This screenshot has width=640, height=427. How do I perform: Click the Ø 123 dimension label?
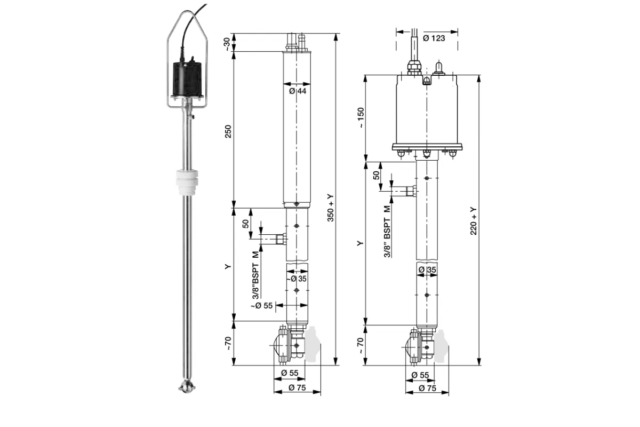(x=434, y=38)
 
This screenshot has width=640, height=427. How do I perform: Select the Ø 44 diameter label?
(x=298, y=91)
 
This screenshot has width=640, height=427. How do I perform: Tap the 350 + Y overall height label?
(x=330, y=208)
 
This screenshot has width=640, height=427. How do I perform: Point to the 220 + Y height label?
(x=474, y=221)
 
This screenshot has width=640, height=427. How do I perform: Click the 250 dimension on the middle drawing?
(x=228, y=131)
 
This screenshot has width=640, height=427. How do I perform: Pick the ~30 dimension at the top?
(x=227, y=44)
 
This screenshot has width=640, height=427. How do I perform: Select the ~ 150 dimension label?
(x=361, y=117)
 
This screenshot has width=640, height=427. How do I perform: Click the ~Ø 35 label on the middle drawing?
(x=297, y=279)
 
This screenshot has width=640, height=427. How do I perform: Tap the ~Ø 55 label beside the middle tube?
(x=262, y=305)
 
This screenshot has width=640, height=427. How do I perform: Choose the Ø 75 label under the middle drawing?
(x=297, y=388)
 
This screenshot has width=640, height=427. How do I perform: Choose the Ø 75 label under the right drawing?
(x=427, y=388)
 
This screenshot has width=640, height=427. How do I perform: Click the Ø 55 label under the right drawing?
(x=420, y=375)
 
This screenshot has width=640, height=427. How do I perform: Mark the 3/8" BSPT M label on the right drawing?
(x=387, y=232)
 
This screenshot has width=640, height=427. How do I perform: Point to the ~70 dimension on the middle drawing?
(x=228, y=344)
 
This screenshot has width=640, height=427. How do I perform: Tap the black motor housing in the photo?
(x=187, y=79)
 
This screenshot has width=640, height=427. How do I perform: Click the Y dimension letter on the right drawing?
(x=361, y=243)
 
